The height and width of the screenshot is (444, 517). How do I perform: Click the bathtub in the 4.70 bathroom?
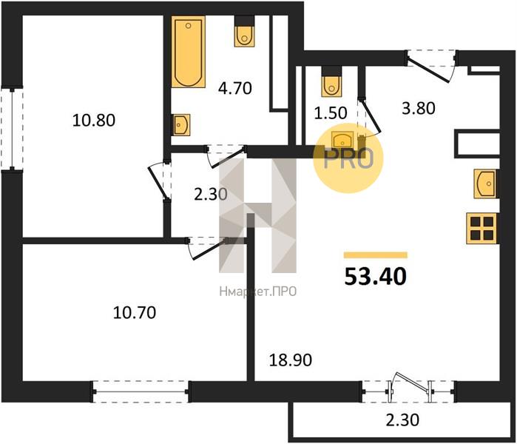189,52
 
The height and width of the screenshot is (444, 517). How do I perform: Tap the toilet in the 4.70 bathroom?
244,31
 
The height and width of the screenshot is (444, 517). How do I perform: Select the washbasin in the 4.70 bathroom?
180,125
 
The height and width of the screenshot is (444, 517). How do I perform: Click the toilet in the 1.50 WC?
331,81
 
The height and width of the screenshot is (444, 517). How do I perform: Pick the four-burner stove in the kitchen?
481,228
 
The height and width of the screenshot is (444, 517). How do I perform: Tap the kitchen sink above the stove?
486,184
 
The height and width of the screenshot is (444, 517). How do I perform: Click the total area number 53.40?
376,277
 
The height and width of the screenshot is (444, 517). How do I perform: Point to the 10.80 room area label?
94,121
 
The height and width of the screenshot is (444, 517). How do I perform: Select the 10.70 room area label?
134,312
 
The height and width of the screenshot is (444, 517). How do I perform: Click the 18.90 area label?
291,360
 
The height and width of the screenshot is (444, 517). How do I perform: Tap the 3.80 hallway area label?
419,108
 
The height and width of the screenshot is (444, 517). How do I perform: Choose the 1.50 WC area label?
331,113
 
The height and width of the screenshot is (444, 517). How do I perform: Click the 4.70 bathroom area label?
235,88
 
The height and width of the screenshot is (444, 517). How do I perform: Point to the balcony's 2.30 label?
402,420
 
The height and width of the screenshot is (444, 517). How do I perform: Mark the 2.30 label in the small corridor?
211,195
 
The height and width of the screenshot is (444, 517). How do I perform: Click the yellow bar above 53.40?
376,255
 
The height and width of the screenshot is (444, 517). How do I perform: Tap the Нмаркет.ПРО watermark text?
258,292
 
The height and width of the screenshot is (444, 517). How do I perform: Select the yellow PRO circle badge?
348,158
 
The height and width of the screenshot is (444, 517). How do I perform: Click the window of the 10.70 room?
141,391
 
